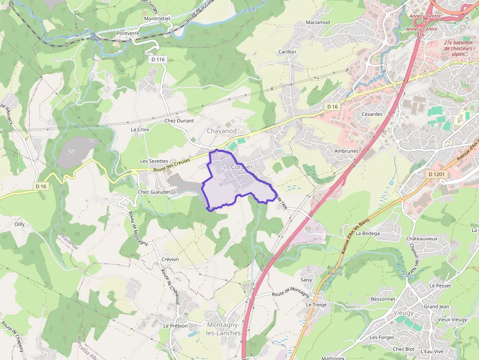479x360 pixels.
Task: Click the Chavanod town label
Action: coord(221,131)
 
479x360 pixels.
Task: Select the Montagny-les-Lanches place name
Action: coord(224,329)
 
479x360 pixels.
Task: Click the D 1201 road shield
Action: coord(437,174)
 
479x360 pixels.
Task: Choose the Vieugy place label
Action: coord(403,313)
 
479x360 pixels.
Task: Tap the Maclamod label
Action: coord(318,22)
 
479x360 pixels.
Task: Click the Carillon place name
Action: coord(287,52)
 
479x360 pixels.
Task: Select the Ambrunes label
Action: coord(346,151)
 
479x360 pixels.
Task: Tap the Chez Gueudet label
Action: coord(154,192)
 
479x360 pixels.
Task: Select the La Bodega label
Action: coord(368,233)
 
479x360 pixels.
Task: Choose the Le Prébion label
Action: coord(175,326)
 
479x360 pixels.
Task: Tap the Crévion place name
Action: coord(170,259)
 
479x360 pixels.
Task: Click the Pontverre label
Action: coord(128,33)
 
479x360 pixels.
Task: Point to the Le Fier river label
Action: coord(249,9)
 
